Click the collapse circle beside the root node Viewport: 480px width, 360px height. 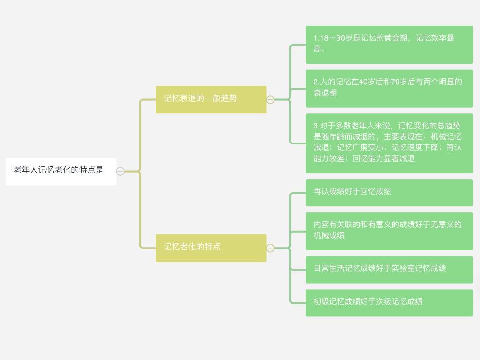click(x=120, y=172)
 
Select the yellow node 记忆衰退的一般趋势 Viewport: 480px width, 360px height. click(x=210, y=99)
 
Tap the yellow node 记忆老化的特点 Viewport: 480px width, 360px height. click(x=210, y=247)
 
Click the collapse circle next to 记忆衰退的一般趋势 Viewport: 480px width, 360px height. click(x=270, y=99)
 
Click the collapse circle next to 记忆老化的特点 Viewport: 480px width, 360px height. click(x=270, y=248)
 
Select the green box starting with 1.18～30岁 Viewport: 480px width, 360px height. click(x=389, y=45)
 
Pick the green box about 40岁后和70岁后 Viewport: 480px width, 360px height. click(x=389, y=88)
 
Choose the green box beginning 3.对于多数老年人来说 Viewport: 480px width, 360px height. click(x=389, y=143)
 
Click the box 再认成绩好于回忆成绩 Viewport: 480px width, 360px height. click(x=389, y=192)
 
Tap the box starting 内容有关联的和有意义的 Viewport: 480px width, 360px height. click(x=389, y=231)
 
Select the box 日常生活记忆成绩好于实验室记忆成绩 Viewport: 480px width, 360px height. click(x=389, y=270)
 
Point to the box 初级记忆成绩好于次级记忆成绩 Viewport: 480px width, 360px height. click(x=389, y=302)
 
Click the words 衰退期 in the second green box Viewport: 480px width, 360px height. click(x=325, y=93)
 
